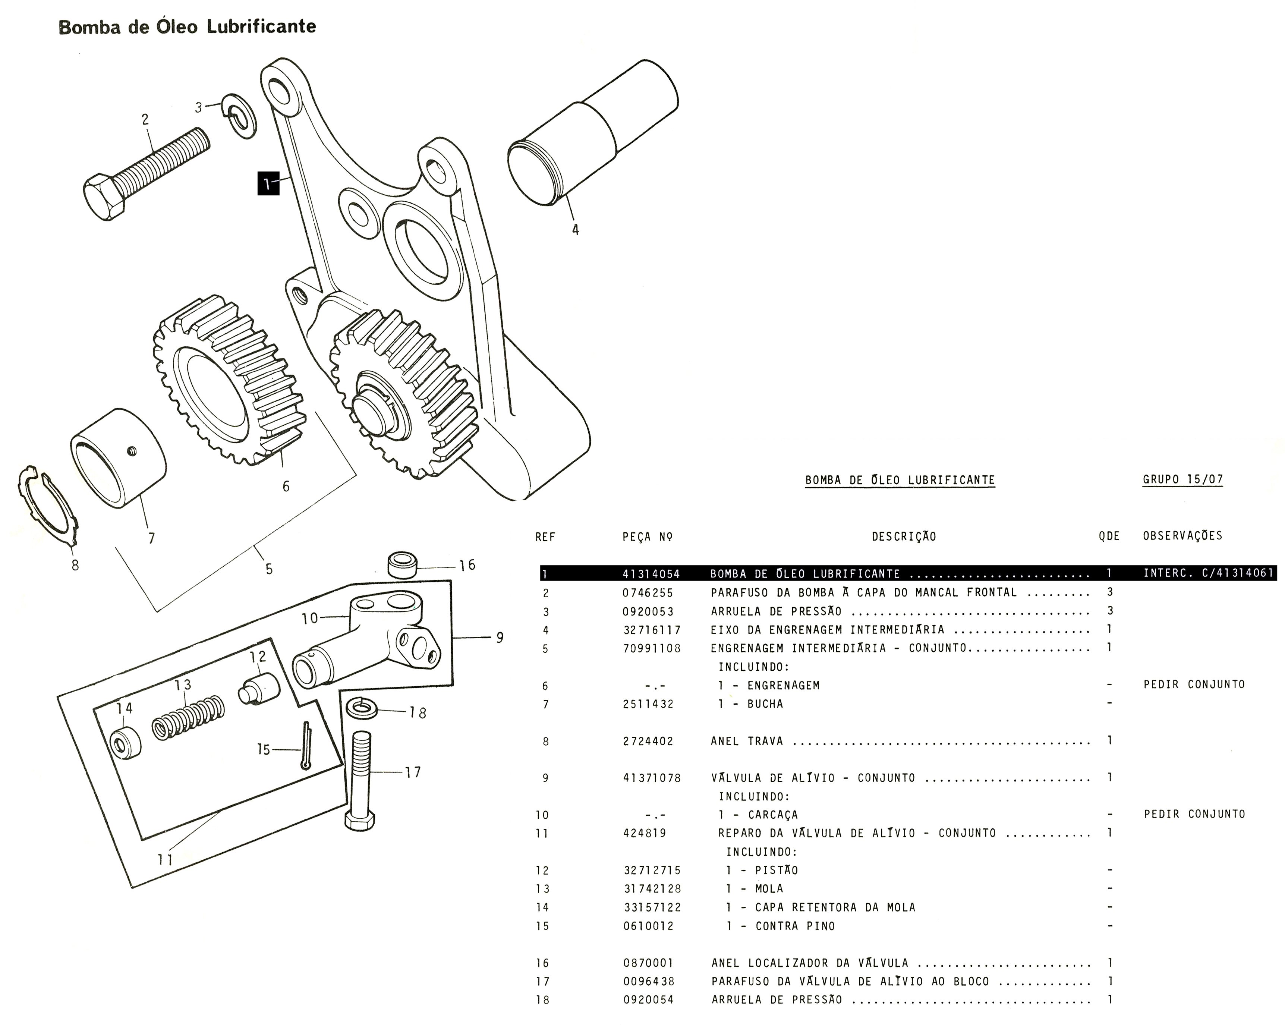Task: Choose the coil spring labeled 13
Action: [x=188, y=717]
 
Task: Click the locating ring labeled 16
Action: [x=402, y=564]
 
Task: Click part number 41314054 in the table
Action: [x=651, y=574]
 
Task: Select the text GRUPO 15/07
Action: [x=1182, y=480]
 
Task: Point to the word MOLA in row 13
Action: [x=769, y=889]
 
